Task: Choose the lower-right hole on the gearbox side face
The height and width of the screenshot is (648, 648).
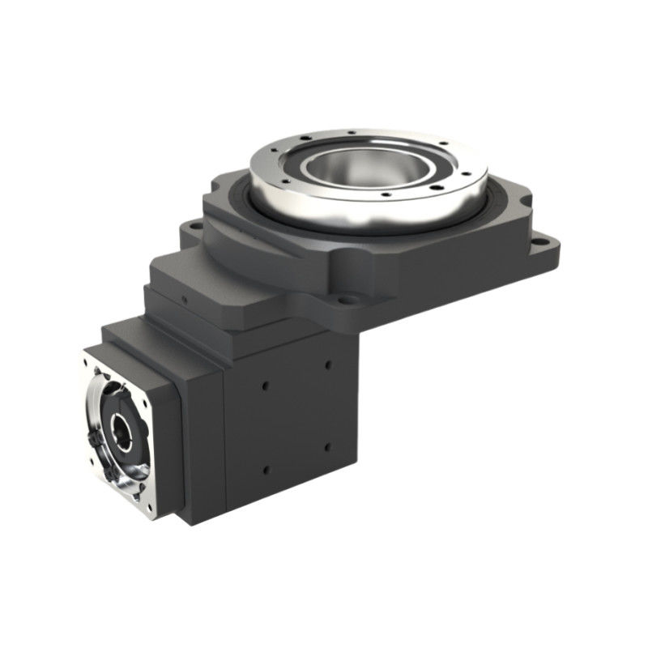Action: [x=327, y=446]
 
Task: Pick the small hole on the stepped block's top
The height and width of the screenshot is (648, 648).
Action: [x=186, y=299]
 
